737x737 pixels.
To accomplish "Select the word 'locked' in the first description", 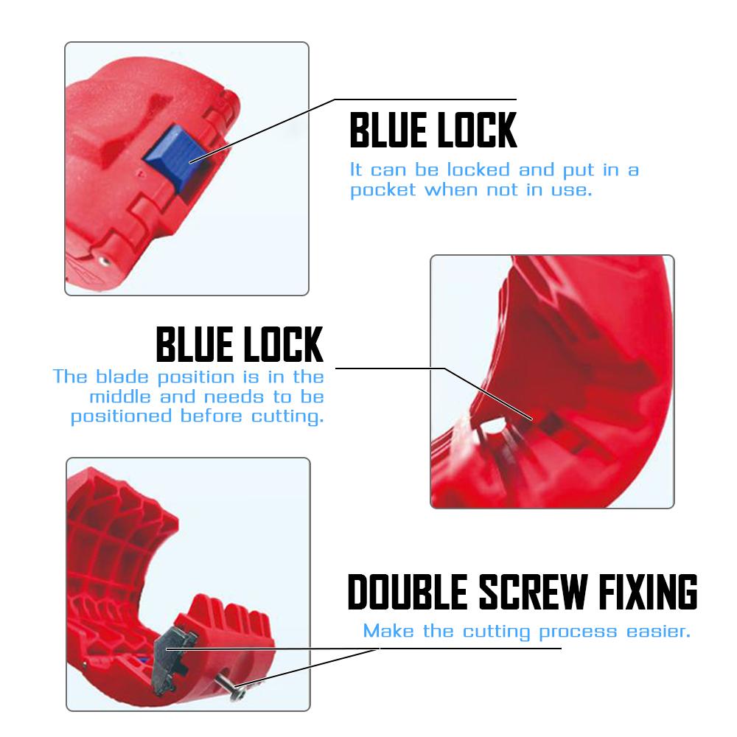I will tap(478, 170).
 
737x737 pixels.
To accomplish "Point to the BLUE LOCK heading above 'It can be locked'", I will tap(433, 130).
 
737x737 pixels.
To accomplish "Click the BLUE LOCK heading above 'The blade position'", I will tap(240, 343).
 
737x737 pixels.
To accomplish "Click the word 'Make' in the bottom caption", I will tap(386, 632).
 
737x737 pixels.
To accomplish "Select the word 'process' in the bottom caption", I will tap(576, 632).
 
